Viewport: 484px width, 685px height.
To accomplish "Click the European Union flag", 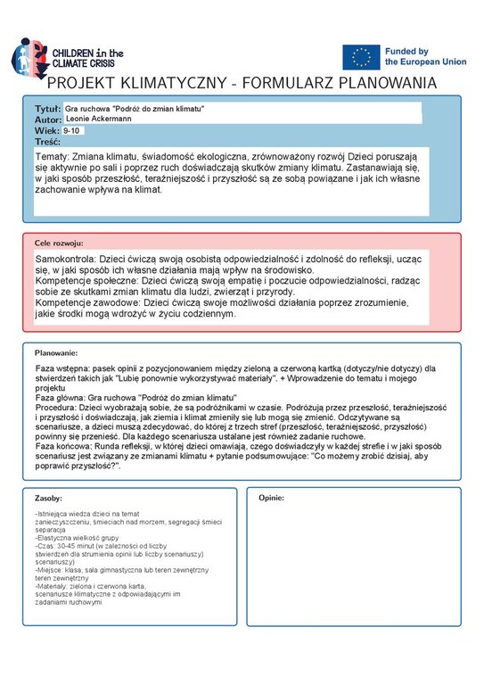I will pos(360,56).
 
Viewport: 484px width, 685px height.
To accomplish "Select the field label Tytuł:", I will pos(48,108).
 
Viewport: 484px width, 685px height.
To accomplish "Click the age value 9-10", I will pos(72,130).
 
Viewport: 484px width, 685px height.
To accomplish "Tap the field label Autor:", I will pos(48,119).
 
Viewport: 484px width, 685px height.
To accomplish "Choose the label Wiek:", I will pos(46,130).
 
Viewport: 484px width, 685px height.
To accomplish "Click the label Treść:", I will pos(48,141).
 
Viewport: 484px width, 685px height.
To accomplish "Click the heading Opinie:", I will pos(271,497).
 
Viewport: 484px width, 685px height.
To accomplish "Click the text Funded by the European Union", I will pos(419,58).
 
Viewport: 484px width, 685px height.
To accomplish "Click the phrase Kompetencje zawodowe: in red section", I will pos(86,303).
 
